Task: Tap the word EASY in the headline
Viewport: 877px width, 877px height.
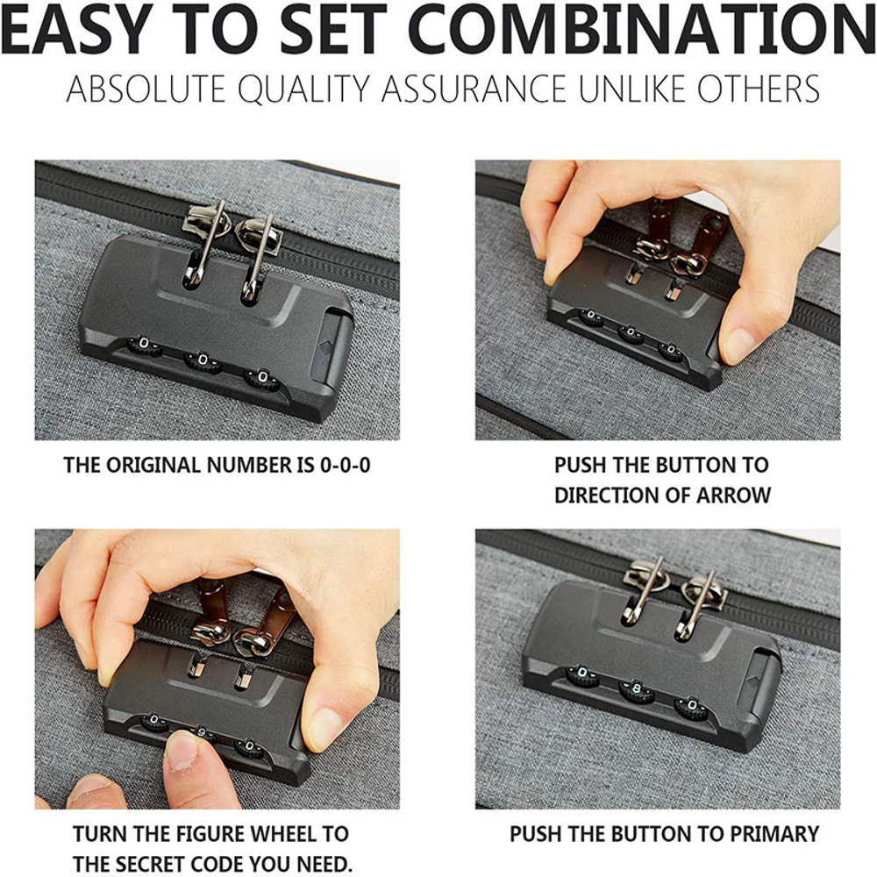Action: [x=76, y=28]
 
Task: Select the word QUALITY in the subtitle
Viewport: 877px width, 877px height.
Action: [x=305, y=89]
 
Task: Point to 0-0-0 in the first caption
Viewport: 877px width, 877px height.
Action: [x=345, y=466]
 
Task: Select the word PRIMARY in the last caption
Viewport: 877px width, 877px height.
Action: [x=774, y=834]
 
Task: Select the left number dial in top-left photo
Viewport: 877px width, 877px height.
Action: [x=145, y=346]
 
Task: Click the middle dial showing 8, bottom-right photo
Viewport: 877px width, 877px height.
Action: [x=636, y=689]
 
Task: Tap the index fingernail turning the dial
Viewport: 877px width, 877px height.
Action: [x=182, y=750]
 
